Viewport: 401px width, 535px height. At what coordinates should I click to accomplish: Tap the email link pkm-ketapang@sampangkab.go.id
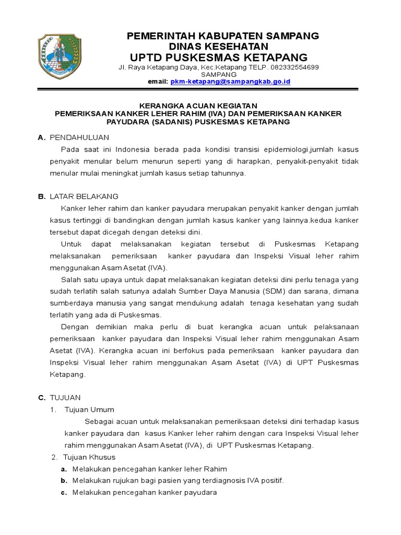[x=230, y=82]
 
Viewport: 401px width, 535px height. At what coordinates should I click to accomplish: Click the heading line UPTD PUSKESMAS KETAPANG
[x=219, y=57]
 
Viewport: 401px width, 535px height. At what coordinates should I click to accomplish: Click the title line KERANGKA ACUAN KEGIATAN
[x=201, y=106]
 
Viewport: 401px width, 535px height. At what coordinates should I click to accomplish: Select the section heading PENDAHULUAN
[x=79, y=137]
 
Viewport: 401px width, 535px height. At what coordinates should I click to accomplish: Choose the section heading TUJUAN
[x=65, y=398]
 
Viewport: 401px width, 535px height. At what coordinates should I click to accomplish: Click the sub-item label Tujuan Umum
[x=89, y=409]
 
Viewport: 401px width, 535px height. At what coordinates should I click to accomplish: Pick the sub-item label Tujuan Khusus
[x=90, y=457]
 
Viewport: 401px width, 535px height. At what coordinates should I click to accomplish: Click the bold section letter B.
[x=41, y=196]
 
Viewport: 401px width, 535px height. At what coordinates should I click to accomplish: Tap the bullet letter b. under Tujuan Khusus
[x=64, y=481]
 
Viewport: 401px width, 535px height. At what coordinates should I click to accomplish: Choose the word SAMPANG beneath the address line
[x=222, y=75]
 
